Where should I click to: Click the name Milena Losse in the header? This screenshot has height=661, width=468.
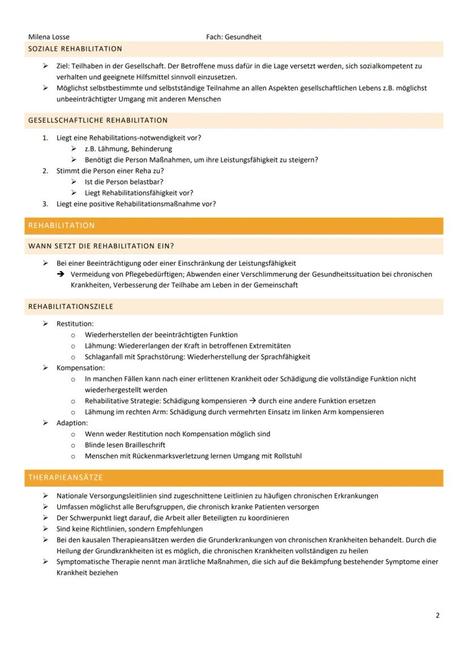click(49, 37)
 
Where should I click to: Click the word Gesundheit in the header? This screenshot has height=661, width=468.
click(243, 37)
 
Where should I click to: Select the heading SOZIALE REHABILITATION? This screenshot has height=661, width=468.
click(75, 49)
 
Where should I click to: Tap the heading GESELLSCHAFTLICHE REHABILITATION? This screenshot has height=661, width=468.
click(98, 120)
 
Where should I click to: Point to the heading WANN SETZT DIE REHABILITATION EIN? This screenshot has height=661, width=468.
click(101, 246)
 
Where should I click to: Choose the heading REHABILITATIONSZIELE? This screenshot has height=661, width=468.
click(71, 307)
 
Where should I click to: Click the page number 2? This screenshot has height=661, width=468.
click(437, 615)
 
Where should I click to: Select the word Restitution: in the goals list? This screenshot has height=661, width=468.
click(75, 324)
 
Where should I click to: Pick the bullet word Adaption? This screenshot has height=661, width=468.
click(72, 423)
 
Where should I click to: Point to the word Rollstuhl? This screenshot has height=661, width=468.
click(287, 456)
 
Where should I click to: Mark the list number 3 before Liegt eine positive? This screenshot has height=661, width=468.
click(45, 204)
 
